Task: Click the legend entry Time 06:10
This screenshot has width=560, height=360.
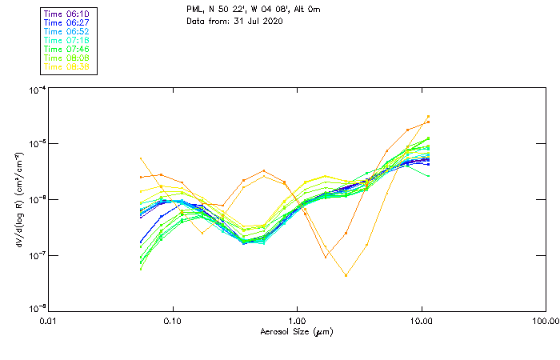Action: [x=67, y=14]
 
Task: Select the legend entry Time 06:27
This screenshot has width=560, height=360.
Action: [x=67, y=22]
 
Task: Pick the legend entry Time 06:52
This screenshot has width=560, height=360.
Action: [x=67, y=31]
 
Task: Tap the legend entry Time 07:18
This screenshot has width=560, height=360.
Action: [x=67, y=40]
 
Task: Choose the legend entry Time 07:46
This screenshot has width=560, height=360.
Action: [x=67, y=49]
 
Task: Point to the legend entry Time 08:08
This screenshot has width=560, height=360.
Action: [x=67, y=58]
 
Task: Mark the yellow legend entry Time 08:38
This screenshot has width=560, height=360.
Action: [x=67, y=66]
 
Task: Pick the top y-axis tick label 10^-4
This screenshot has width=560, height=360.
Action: [x=35, y=90]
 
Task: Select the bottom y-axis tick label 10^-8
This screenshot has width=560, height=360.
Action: [x=35, y=308]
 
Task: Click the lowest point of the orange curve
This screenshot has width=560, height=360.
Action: [x=346, y=275]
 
